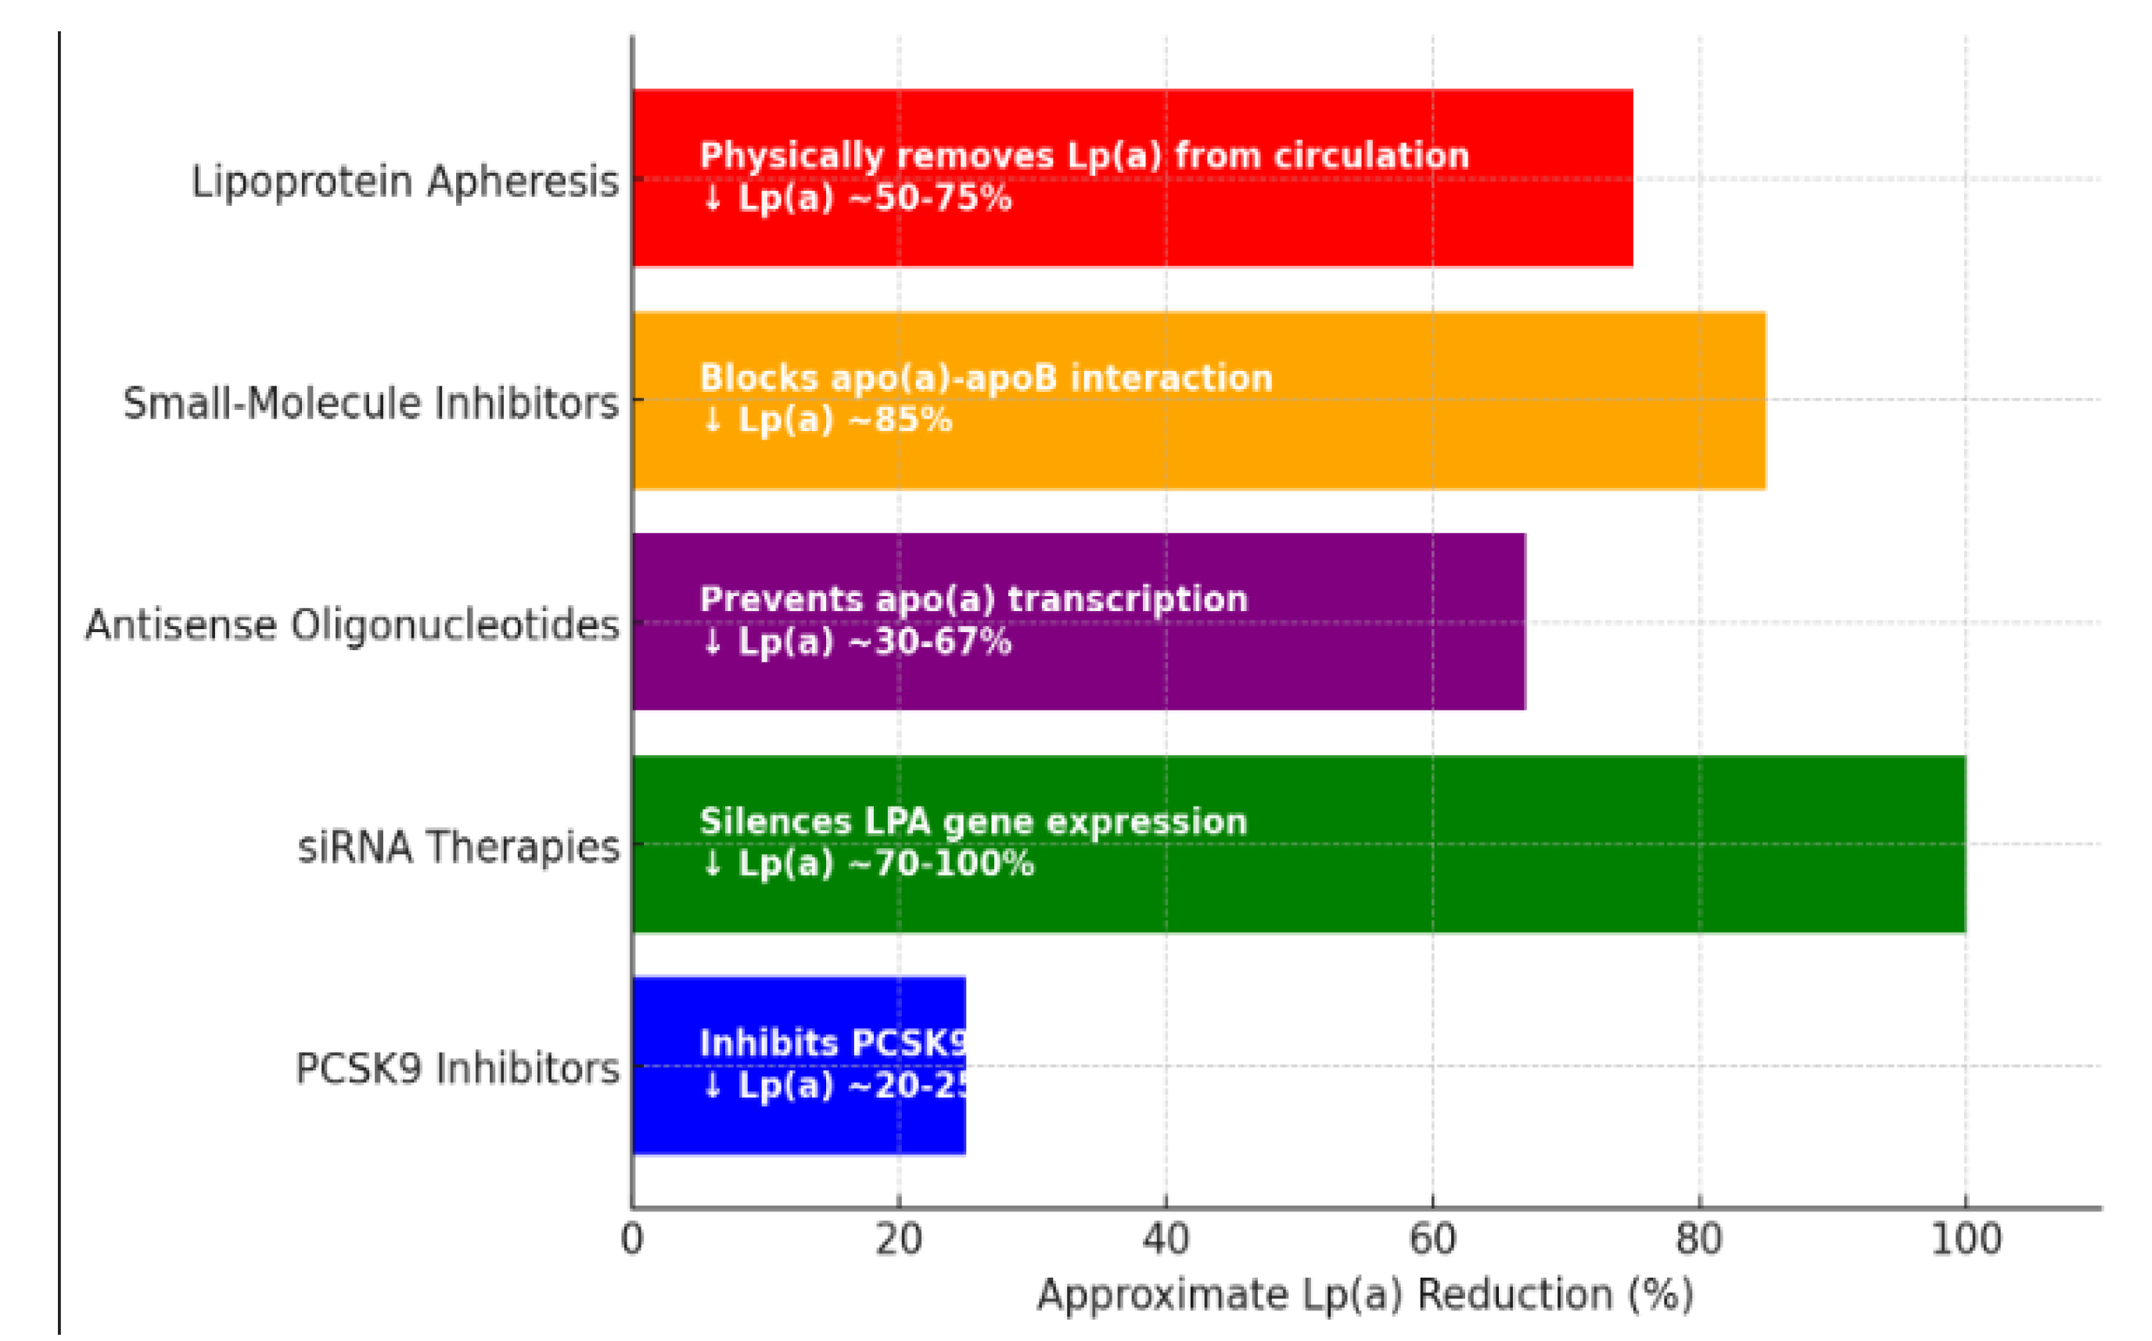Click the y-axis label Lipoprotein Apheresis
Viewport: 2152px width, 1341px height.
coord(405,182)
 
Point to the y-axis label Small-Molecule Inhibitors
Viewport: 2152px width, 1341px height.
coord(371,404)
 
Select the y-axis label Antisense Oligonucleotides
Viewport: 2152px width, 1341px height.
coord(352,625)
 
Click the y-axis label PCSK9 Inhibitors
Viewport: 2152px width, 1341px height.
coord(457,1069)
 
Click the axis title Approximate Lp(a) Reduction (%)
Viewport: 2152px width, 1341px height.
coord(1366,1295)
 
